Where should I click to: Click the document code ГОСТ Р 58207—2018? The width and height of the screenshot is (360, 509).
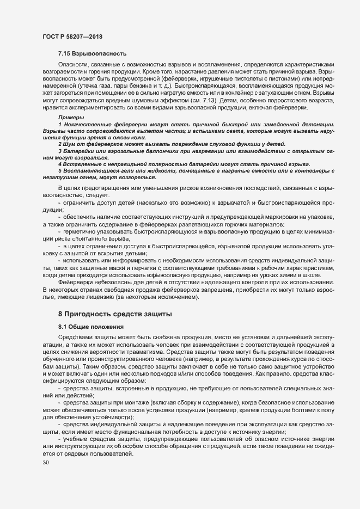[x=72, y=36]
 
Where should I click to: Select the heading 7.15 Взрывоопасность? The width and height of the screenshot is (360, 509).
[x=92, y=53]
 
